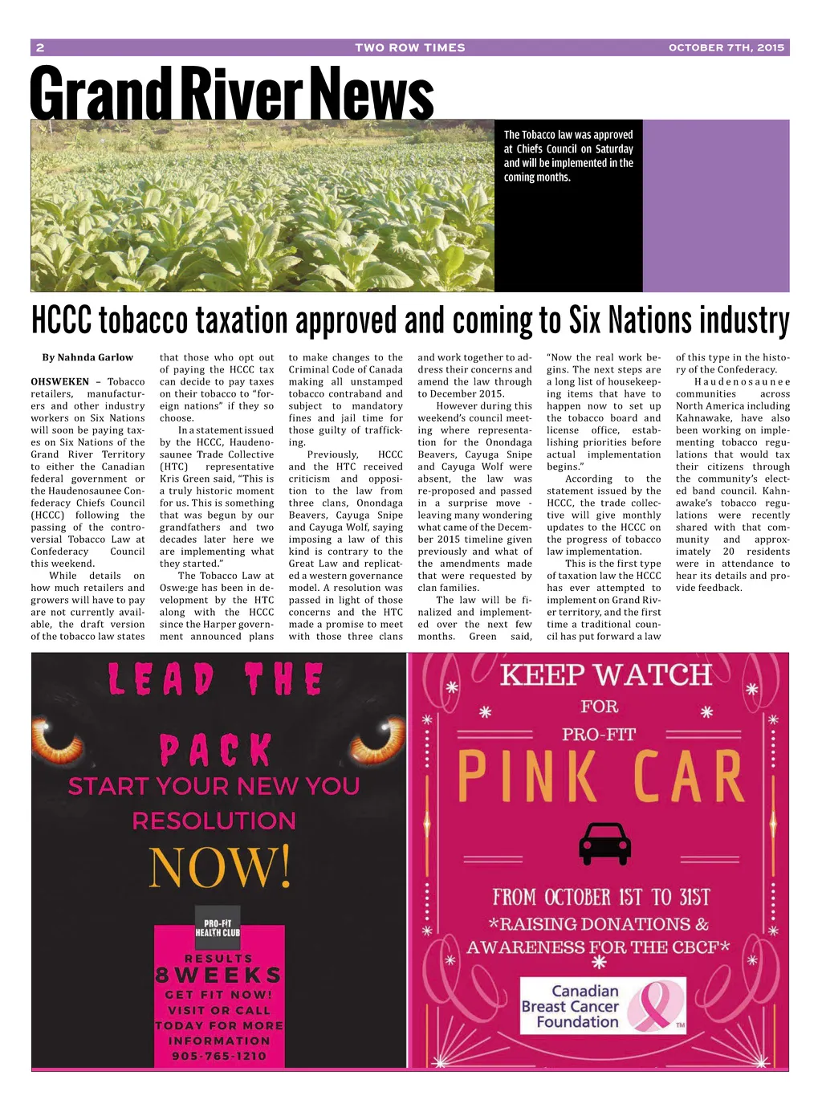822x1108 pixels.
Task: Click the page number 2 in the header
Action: (x=40, y=47)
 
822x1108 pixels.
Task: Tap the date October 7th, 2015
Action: (x=726, y=47)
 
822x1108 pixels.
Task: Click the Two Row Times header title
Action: (x=409, y=47)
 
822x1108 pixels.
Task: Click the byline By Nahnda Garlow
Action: (x=87, y=357)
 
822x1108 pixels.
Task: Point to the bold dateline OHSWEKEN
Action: (x=60, y=381)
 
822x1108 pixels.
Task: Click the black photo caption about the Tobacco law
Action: (x=568, y=156)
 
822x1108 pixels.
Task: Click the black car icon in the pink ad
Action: (x=604, y=842)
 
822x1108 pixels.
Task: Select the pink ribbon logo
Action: (x=653, y=1007)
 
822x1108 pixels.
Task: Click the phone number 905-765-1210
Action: (x=218, y=1056)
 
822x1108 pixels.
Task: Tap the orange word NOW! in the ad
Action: (x=220, y=868)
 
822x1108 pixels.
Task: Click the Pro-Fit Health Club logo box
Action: (x=218, y=928)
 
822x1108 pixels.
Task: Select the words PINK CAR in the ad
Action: (x=600, y=777)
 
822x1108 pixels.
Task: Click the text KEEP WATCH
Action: (x=605, y=675)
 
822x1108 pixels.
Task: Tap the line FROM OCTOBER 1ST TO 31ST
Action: (x=601, y=896)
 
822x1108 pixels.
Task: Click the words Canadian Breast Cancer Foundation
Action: (x=570, y=1006)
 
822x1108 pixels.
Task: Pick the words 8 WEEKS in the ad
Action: (x=218, y=976)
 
